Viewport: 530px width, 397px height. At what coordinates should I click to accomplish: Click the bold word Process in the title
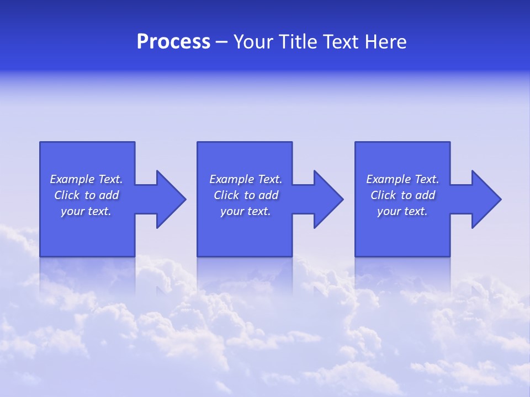click(x=173, y=42)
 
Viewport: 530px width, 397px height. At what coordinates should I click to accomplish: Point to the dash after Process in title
click(x=222, y=42)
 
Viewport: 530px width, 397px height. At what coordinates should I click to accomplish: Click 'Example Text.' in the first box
click(x=87, y=179)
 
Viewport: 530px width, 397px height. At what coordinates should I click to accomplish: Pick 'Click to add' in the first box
click(x=87, y=195)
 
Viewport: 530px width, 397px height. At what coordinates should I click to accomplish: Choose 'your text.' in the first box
click(x=87, y=211)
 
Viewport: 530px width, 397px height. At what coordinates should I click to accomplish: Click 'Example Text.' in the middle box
click(x=246, y=179)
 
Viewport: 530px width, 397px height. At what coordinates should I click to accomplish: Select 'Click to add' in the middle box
click(x=246, y=195)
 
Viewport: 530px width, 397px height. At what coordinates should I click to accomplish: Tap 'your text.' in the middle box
click(x=246, y=211)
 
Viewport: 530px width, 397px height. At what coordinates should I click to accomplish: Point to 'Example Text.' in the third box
click(x=402, y=179)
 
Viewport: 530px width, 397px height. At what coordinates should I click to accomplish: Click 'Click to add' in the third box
click(x=402, y=195)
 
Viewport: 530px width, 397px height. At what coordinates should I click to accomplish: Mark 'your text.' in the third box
click(x=402, y=211)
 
